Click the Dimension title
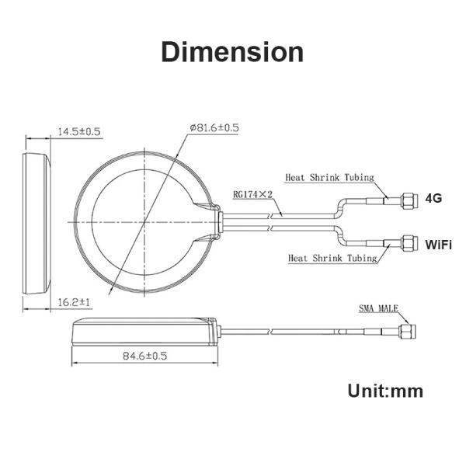coord(232,52)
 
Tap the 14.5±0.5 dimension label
coord(79,131)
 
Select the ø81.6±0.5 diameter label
coord(214,128)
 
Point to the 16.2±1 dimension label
coord(74,303)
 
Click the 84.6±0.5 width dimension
coord(145,356)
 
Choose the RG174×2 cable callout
coord(252,194)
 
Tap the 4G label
coord(433,198)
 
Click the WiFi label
coord(438,245)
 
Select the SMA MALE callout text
coord(378,308)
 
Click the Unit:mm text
coord(385,391)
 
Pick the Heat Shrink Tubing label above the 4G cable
coord(329,177)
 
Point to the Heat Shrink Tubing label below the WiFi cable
coord(332,258)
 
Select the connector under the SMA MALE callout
coord(408,332)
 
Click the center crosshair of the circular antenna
coord(144,222)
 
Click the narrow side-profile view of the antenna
coord(37,224)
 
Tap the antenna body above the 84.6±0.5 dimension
coord(146,332)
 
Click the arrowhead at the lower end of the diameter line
coord(111,290)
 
